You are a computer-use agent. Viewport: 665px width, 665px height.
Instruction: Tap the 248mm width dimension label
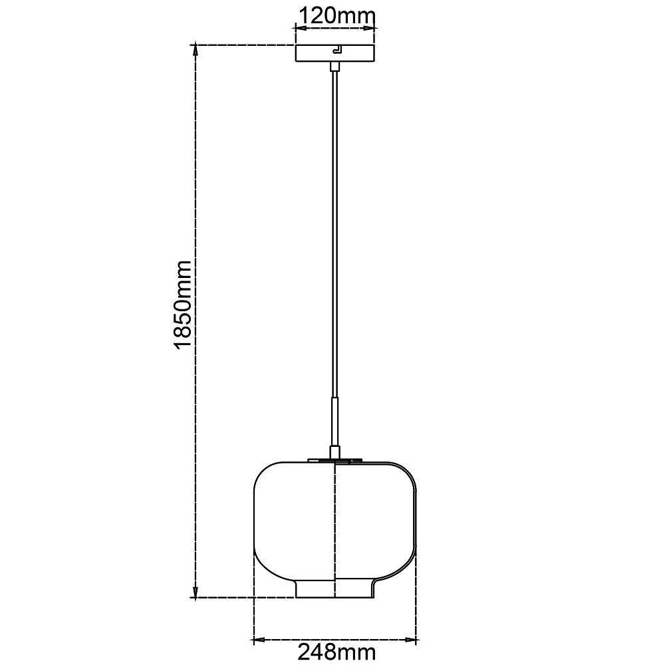(336, 652)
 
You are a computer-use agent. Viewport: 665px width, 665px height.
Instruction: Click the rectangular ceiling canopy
(335, 53)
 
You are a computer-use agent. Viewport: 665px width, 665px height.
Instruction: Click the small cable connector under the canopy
(335, 66)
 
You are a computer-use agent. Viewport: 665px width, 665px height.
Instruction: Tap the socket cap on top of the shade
(335, 452)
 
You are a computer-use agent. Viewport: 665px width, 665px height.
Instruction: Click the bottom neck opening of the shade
(335, 589)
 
